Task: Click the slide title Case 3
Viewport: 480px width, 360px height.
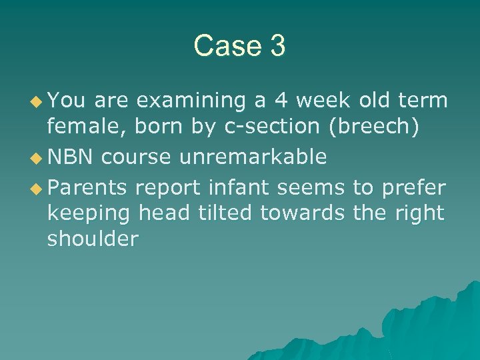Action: click(x=239, y=46)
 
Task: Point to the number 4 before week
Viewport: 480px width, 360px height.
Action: click(x=283, y=101)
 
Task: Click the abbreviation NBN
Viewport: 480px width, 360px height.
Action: click(x=66, y=157)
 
